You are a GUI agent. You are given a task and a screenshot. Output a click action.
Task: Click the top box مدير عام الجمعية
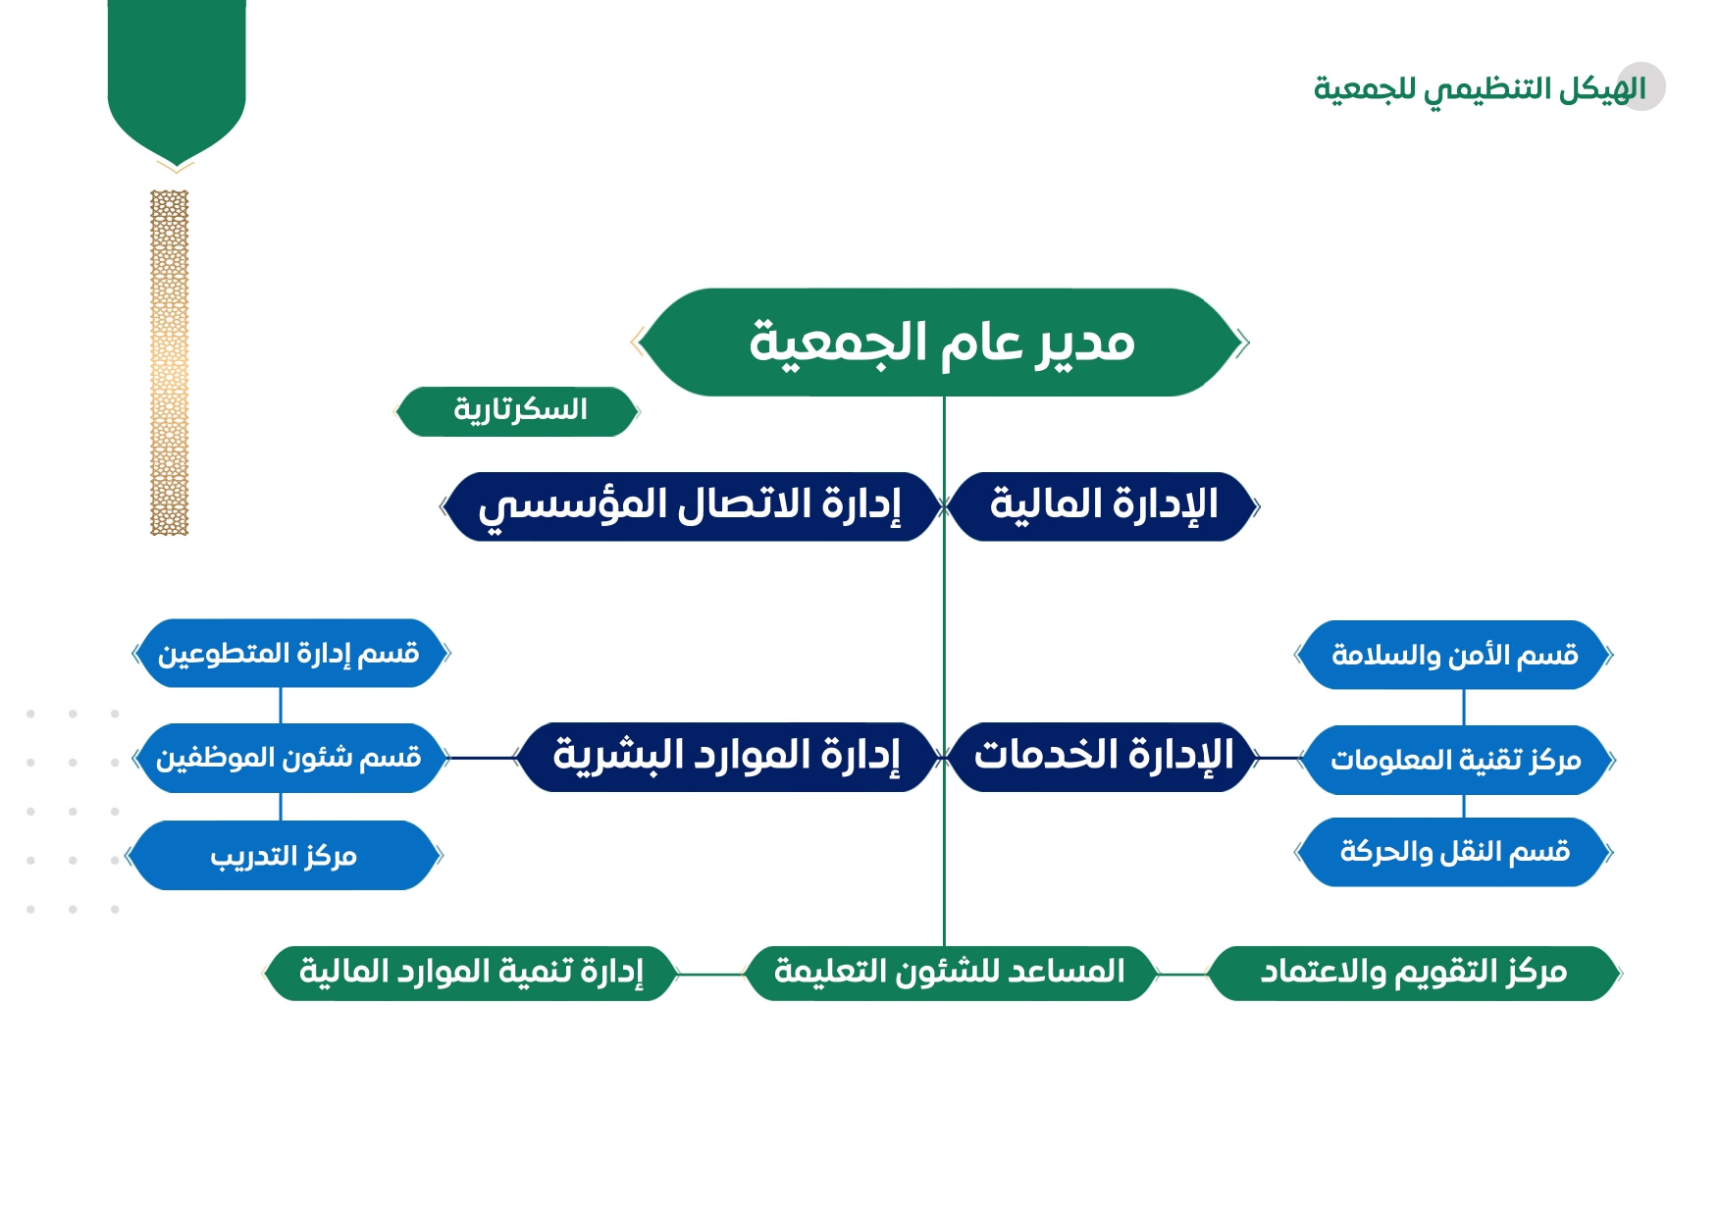(942, 343)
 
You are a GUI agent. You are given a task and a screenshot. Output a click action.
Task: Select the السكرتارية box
(517, 411)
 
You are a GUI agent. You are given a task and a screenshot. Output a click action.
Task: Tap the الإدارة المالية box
(1103, 506)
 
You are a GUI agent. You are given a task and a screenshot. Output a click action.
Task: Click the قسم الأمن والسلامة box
(1454, 655)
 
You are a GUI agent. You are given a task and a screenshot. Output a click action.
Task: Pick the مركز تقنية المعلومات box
(1456, 760)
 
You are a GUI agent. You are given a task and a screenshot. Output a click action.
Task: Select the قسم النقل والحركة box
(1454, 852)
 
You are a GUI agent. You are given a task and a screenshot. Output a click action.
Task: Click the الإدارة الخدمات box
(1103, 757)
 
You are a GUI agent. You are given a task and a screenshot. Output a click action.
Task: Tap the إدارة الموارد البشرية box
(727, 757)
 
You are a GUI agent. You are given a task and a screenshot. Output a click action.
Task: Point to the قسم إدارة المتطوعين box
(290, 653)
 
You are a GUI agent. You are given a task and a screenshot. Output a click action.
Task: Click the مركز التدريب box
(285, 856)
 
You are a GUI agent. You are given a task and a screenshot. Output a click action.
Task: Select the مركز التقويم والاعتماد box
(1414, 974)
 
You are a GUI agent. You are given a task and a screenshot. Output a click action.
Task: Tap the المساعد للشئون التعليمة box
(950, 974)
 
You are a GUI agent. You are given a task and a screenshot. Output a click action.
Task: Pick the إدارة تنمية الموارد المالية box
(471, 974)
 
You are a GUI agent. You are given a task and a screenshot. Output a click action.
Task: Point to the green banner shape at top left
(177, 79)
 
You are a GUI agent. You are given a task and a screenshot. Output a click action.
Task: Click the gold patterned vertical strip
(169, 362)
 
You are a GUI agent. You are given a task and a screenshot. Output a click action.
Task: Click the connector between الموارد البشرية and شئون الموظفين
(482, 758)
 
